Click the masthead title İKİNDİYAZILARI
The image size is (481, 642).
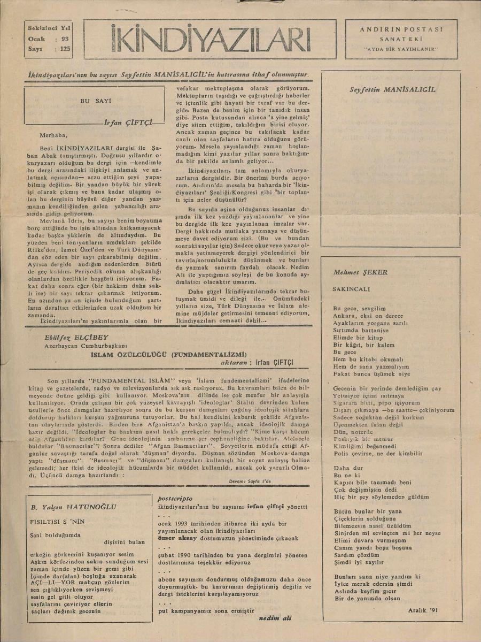tap(211, 39)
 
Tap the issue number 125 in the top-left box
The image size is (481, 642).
tap(66, 49)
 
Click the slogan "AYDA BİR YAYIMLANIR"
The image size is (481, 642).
tap(401, 49)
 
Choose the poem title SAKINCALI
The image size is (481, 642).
tap(351, 288)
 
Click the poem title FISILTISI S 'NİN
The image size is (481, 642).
tap(58, 521)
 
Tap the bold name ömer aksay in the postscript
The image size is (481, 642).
tap(180, 538)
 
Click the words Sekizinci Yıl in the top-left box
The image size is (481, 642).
tap(49, 28)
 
